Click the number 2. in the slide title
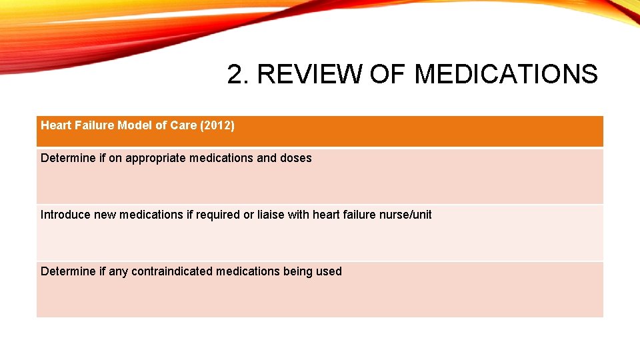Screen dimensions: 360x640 pyautogui.click(x=238, y=75)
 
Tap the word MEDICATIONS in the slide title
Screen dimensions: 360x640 pyautogui.click(x=506, y=75)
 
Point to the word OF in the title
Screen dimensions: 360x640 pyautogui.click(x=387, y=75)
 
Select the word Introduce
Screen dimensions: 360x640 pyautogui.click(x=65, y=215)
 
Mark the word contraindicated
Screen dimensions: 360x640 pyautogui.click(x=176, y=271)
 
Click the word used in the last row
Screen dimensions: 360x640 pyautogui.click(x=331, y=271)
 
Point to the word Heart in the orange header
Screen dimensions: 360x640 pyautogui.click(x=56, y=125)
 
